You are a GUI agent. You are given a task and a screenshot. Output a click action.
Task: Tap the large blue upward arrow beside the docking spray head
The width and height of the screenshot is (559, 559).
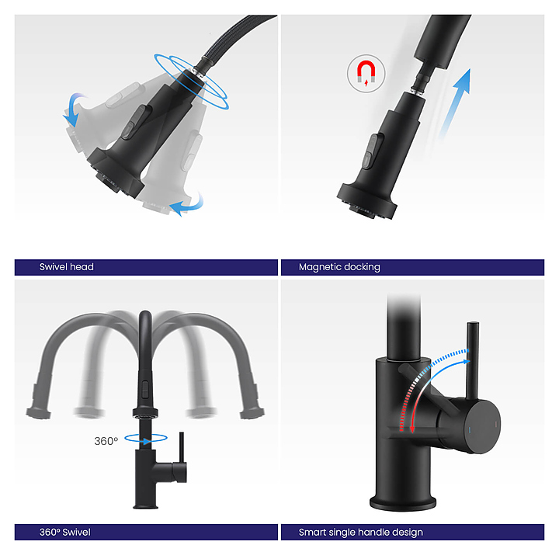tap(456, 103)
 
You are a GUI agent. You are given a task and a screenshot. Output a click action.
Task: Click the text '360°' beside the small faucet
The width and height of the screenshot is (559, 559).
tap(106, 441)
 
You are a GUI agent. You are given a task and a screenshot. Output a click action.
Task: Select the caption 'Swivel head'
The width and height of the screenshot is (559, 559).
tap(66, 267)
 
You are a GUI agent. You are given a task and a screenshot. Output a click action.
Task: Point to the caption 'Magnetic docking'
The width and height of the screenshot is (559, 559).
tap(339, 267)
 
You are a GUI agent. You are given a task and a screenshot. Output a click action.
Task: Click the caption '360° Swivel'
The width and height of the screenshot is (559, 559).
tap(65, 533)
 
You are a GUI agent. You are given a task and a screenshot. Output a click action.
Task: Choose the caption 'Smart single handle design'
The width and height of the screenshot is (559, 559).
tap(361, 533)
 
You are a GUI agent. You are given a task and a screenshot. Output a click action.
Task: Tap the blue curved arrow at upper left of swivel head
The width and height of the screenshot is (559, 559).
tap(74, 109)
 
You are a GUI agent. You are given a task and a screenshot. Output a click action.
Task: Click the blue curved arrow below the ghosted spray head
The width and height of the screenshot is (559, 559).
tap(186, 205)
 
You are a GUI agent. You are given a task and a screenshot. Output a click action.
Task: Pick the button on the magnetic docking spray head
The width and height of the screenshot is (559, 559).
tap(370, 151)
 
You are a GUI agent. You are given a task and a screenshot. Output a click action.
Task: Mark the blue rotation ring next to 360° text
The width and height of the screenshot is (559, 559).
tap(146, 438)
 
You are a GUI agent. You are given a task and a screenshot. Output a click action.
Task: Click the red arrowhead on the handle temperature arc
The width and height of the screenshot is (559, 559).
tap(412, 429)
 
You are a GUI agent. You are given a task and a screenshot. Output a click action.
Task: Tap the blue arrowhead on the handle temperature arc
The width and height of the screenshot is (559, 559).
tap(466, 362)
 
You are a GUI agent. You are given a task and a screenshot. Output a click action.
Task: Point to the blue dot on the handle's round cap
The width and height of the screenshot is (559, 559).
tap(469, 430)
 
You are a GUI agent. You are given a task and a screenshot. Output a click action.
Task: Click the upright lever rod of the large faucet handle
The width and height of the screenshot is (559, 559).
tap(473, 361)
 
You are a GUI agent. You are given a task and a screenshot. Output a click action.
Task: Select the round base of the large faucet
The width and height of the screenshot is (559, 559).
tap(403, 502)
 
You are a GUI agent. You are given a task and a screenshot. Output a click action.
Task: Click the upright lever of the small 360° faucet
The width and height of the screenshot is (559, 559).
tap(182, 447)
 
